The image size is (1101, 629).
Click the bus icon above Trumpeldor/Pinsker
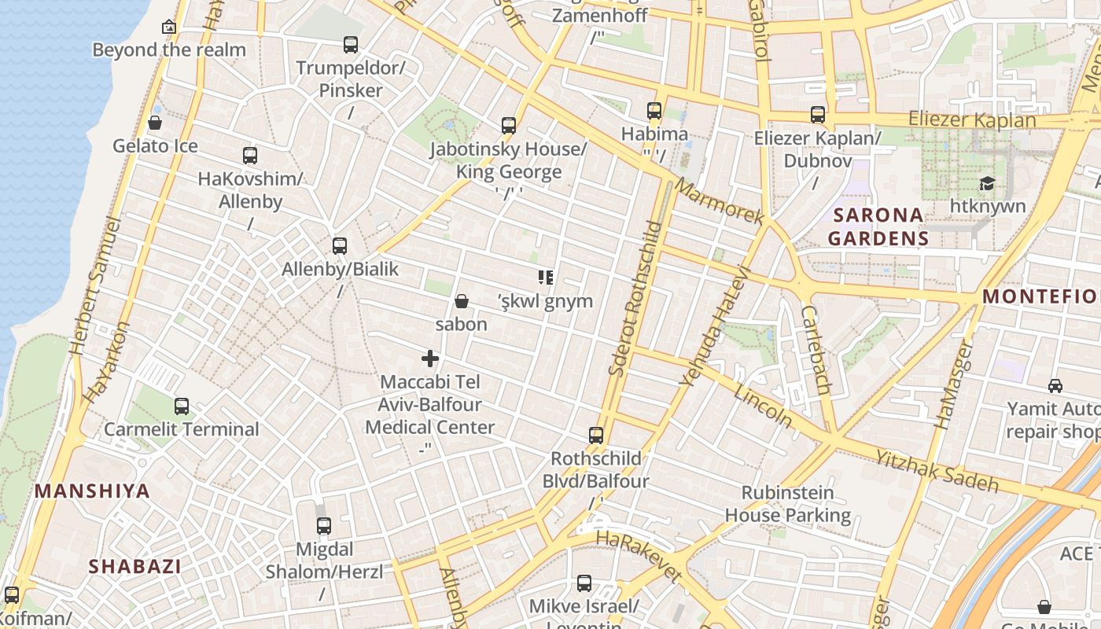point(351,45)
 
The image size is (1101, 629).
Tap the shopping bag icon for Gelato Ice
point(155,123)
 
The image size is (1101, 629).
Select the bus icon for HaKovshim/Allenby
point(250,156)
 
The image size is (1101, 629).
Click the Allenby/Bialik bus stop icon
point(340,246)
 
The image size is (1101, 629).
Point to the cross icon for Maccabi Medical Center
point(430,359)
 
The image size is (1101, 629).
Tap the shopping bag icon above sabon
point(462,301)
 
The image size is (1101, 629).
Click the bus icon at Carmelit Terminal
point(182,406)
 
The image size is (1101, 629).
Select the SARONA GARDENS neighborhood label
point(878,226)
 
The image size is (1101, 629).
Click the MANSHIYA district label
point(92,491)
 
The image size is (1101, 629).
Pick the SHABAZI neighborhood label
point(134,566)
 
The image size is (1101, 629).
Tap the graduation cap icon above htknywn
point(986,183)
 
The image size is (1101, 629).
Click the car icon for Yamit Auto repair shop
point(1055,386)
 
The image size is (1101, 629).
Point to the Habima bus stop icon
point(654,111)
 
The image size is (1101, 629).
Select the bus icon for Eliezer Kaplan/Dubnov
point(818,115)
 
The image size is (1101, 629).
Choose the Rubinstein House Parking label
point(787,504)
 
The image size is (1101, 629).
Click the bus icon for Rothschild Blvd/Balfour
point(596,436)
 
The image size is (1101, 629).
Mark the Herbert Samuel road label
point(95,287)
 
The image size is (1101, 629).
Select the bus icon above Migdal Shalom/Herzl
point(324,526)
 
